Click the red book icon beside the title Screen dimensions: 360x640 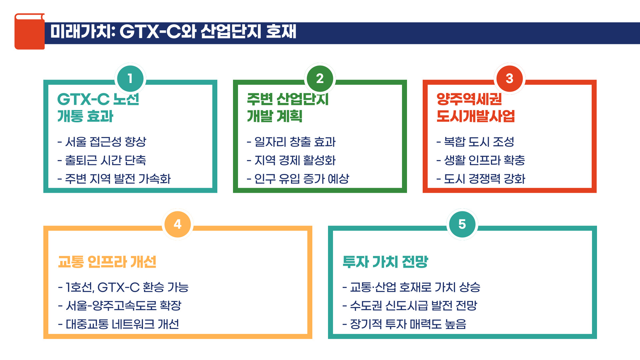(x=29, y=31)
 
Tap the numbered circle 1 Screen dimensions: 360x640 (x=130, y=79)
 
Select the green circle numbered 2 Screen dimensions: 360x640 (x=320, y=79)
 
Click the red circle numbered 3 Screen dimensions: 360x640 (x=509, y=79)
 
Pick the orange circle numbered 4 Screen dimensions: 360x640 (x=177, y=224)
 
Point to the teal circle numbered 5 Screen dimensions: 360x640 (x=462, y=224)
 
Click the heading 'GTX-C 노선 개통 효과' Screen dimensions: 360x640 (x=98, y=107)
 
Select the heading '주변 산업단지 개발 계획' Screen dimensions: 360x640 (x=288, y=107)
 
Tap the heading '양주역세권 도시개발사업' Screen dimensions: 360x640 (x=475, y=107)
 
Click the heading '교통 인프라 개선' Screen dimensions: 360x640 (x=107, y=262)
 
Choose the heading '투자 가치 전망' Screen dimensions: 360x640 (x=385, y=262)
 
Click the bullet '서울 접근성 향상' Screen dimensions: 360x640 (x=105, y=142)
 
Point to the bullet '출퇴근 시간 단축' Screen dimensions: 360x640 (x=105, y=160)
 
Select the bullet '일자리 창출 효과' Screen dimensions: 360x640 (x=295, y=142)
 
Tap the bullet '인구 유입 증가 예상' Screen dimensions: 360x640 (x=301, y=179)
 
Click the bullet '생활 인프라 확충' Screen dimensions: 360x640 (x=484, y=160)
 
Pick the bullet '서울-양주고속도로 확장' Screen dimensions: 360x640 (x=123, y=306)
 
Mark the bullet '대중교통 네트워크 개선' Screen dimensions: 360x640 (x=122, y=324)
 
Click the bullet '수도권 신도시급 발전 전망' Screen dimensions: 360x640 (x=413, y=306)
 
